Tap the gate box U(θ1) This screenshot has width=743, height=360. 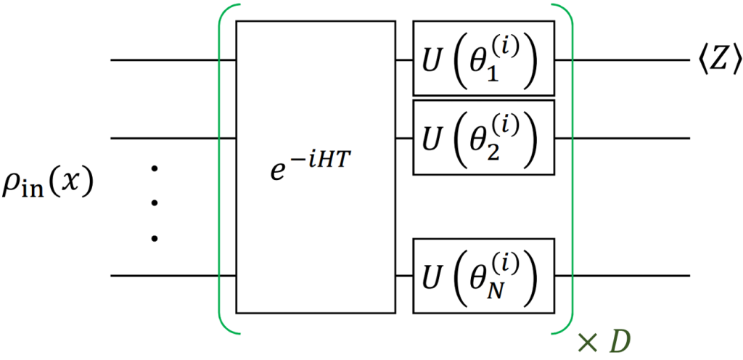pos(484,58)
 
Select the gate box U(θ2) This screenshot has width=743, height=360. pos(484,137)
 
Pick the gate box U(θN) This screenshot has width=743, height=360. pos(484,276)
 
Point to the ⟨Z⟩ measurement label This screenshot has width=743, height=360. pos(716,61)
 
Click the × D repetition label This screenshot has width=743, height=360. pos(605,342)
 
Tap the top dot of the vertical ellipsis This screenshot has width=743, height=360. pos(154,168)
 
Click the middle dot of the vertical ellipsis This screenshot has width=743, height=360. pos(154,203)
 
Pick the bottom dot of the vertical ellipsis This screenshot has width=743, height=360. pos(154,239)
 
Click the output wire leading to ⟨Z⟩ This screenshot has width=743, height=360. pos(622,60)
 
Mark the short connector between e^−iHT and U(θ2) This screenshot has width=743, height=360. pos(404,139)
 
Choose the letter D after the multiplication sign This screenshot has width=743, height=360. pos(621,342)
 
